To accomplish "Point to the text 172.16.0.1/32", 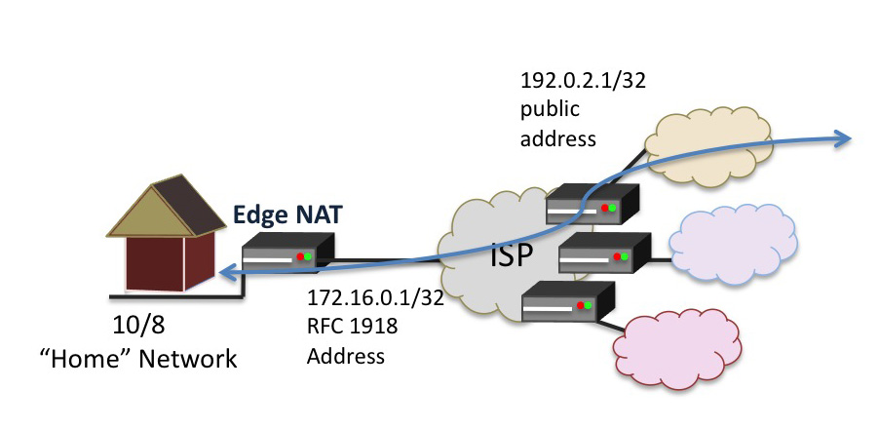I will [x=375, y=298].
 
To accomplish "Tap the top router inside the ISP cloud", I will [x=591, y=205].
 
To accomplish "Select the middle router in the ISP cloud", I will [x=603, y=255].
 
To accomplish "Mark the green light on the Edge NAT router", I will [x=307, y=257].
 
